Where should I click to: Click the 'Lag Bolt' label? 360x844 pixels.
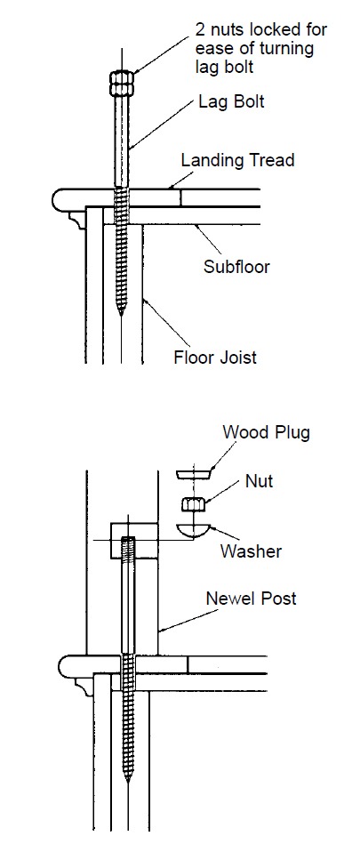coord(231,101)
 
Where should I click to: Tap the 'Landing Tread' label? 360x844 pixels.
coord(237,160)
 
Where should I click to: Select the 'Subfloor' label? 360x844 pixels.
coord(236,267)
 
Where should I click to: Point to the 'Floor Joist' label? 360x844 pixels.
coord(215,357)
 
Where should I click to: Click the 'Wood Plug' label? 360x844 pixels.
coord(266,431)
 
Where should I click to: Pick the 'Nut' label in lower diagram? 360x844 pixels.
coord(260,480)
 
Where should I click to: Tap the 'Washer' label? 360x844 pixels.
coord(251,551)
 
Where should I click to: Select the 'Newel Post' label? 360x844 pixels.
coord(251,598)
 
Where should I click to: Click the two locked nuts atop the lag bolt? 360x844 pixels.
coord(122,83)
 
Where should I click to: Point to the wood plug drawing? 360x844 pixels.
coord(194,474)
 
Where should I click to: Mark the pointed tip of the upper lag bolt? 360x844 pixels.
coord(122,315)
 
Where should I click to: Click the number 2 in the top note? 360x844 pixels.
coord(200,29)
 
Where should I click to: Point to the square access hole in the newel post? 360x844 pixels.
coord(134,540)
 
